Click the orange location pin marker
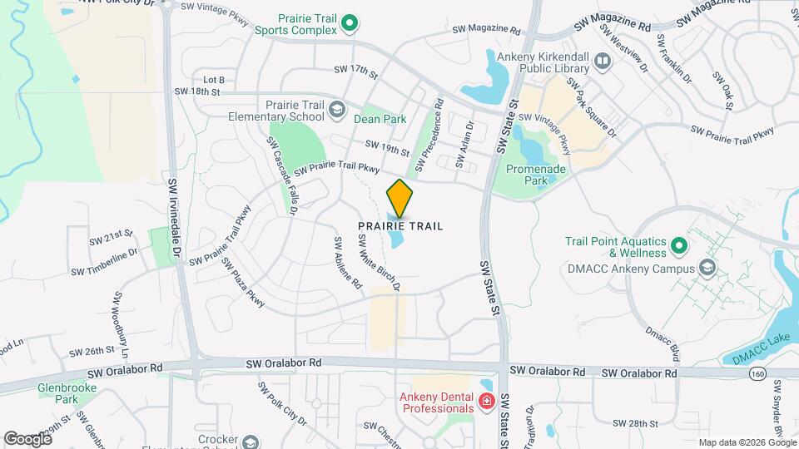point(399,198)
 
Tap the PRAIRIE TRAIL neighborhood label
point(400,226)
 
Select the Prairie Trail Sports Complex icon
point(350,23)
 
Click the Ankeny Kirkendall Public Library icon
point(603,60)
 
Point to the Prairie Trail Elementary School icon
point(336,109)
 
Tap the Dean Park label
point(380,119)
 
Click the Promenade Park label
point(537,175)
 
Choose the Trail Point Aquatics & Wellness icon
point(679,246)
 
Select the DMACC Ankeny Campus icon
point(707,269)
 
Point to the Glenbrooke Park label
point(57,392)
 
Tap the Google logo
point(27,438)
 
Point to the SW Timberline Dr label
point(103,263)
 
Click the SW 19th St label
point(387,148)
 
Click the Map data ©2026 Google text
point(747,442)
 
